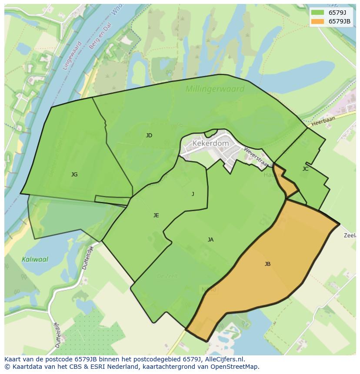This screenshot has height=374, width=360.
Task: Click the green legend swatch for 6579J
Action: (317, 13)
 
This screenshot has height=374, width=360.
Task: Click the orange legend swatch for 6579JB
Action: (317, 21)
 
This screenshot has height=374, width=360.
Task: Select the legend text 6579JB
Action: (340, 21)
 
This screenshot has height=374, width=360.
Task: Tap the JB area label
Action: (267, 264)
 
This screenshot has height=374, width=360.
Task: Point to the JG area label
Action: (74, 175)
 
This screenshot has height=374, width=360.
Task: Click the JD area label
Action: (149, 136)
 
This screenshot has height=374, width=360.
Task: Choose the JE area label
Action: (156, 215)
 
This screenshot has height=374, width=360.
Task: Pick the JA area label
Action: (210, 240)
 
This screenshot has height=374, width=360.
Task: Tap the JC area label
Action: (305, 169)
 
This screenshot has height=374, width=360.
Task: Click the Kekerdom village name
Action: (210, 143)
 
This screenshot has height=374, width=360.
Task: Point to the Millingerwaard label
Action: (215, 89)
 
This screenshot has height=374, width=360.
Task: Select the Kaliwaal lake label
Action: (35, 259)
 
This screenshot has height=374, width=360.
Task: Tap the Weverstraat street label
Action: (255, 157)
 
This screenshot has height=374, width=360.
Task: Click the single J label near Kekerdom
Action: (193, 194)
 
